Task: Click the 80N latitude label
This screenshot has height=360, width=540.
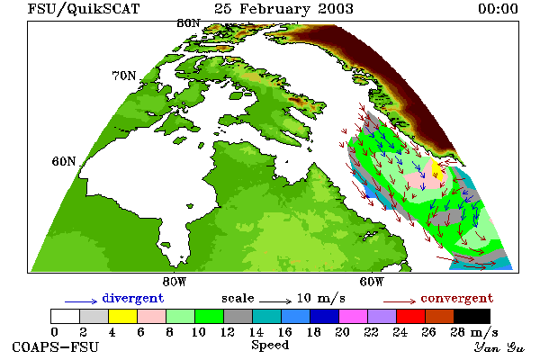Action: point(188,23)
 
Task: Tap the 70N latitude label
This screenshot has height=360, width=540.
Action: point(124,76)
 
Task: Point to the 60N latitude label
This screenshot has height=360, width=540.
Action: point(64,161)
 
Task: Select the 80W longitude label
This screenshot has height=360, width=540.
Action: point(175,282)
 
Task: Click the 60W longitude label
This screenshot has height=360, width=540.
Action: point(372,282)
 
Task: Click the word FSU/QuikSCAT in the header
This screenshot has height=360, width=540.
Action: point(84,9)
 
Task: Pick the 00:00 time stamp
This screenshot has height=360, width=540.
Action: point(498,9)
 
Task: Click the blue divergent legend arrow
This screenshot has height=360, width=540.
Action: point(81,301)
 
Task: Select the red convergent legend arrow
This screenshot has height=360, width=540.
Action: point(400,301)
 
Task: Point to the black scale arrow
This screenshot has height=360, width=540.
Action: point(275,301)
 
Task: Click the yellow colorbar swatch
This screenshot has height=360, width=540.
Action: point(122,316)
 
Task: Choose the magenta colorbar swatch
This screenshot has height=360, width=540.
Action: point(354,316)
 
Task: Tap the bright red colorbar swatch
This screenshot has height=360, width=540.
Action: point(411,316)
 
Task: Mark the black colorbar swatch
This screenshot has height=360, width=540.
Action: point(472,316)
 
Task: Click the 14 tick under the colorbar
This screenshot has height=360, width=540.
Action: point(256,332)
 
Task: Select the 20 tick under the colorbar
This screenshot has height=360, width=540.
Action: point(342,332)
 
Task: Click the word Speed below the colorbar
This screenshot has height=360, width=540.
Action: point(270,346)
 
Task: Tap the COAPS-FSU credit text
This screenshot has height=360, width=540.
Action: point(56,346)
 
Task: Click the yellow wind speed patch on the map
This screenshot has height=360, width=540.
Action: point(437,169)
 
